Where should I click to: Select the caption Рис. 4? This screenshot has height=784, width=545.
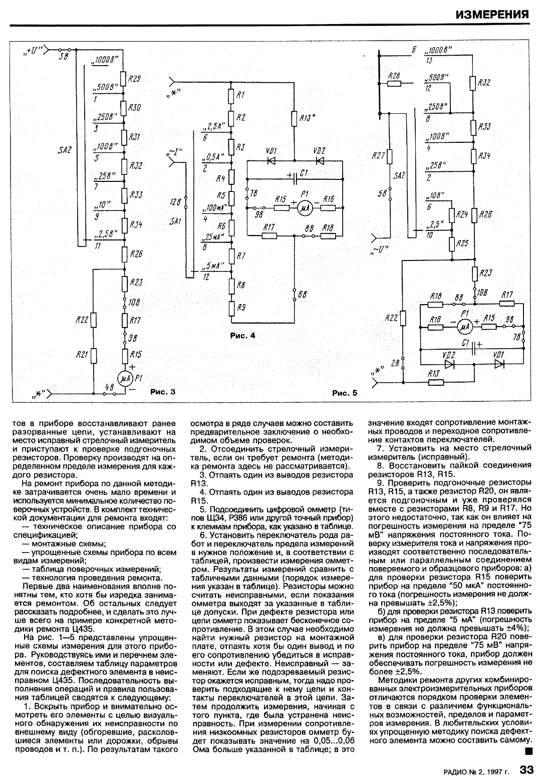pyautogui.click(x=242, y=336)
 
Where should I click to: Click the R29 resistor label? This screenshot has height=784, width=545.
pyautogui.click(x=134, y=79)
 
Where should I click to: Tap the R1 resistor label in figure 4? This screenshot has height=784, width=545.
pyautogui.click(x=240, y=95)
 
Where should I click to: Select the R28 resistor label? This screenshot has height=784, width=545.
pyautogui.click(x=395, y=75)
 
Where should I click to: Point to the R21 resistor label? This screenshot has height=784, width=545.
pyautogui.click(x=82, y=355)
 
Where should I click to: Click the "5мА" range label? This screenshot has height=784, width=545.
pyautogui.click(x=213, y=267)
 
